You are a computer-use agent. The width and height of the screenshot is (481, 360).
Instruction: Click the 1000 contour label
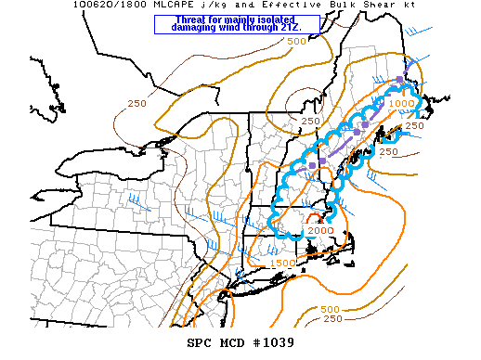[x=401, y=103]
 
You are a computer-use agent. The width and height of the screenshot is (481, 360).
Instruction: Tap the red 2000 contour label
[x=319, y=230]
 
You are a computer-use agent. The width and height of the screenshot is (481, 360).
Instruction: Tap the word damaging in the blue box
[x=197, y=28]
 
